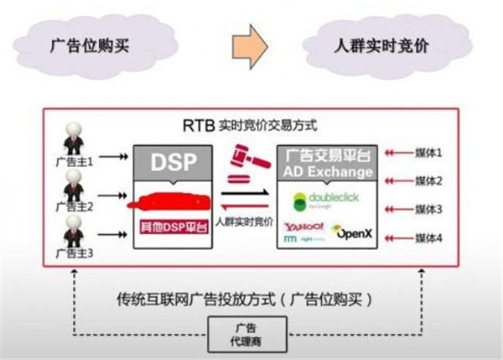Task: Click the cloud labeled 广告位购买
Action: tap(88, 42)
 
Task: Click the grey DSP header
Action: tap(171, 163)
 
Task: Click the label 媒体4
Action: tap(428, 237)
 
